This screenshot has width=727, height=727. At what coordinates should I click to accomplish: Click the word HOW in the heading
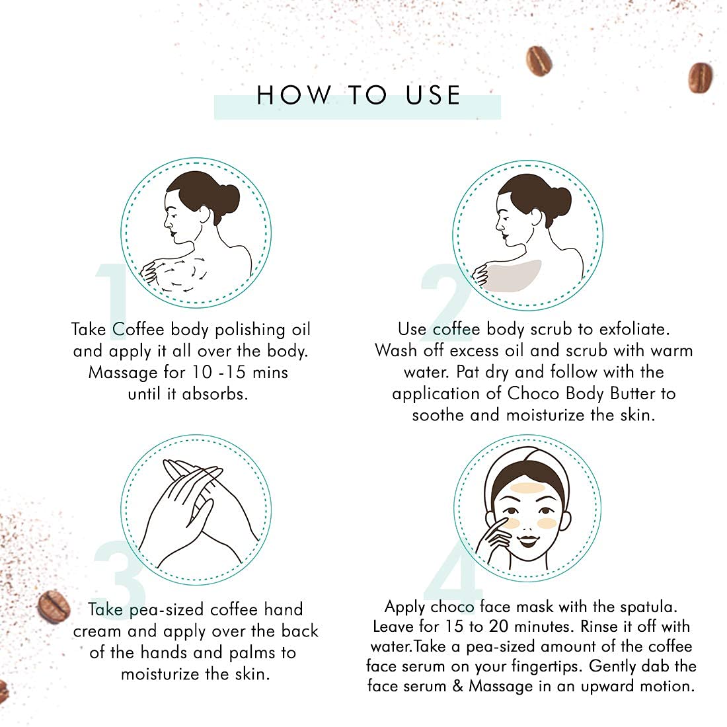pyautogui.click(x=294, y=95)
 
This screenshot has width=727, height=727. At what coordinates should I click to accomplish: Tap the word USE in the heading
pyautogui.click(x=433, y=95)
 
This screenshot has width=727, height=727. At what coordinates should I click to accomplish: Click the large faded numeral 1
pyautogui.click(x=111, y=301)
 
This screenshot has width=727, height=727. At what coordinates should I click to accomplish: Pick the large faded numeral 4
pyautogui.click(x=453, y=571)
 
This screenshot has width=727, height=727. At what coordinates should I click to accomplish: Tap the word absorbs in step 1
pyautogui.click(x=215, y=394)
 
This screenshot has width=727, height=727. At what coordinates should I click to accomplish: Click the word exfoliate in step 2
pyautogui.click(x=634, y=329)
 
